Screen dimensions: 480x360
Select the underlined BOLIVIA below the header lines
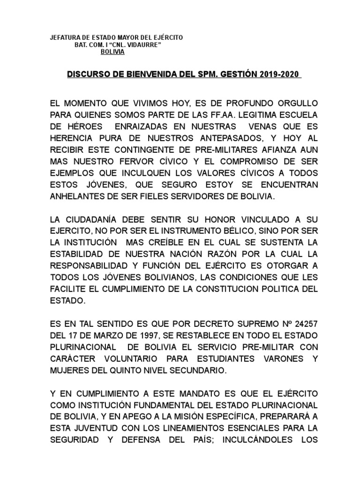(x=112, y=52)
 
